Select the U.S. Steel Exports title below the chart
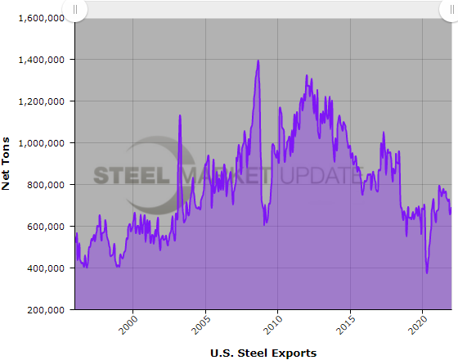pos(263,353)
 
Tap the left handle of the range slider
pos(74,10)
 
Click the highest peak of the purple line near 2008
pos(258,61)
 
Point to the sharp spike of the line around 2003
pos(180,115)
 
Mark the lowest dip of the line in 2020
pos(427,272)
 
